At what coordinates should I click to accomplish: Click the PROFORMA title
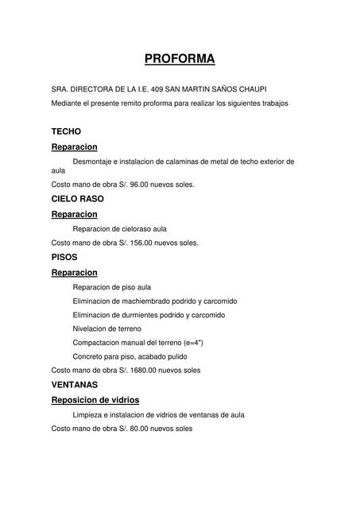pos(180,59)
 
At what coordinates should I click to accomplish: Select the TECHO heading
pos(66,131)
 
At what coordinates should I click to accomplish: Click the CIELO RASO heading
pos(77,198)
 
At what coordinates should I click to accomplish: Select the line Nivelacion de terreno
pos(106,328)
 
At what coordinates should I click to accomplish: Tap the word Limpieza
pos(88,414)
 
